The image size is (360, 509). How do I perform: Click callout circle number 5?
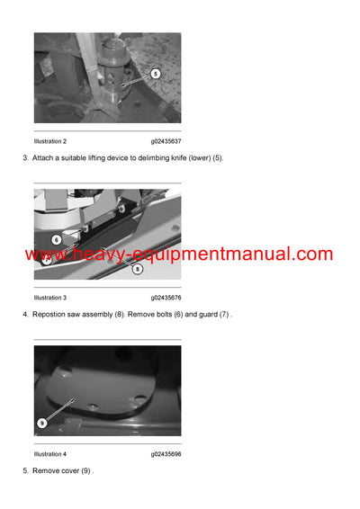coord(155,74)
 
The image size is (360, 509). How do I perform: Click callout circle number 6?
coord(56,239)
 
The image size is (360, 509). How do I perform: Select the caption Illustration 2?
coord(50,141)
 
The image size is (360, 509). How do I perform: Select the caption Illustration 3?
coord(50,298)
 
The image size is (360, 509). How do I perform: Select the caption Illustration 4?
coord(50,454)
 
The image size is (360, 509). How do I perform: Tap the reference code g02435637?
coord(166,141)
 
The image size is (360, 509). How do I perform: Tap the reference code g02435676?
coord(166,298)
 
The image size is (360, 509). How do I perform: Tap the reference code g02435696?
coord(166,454)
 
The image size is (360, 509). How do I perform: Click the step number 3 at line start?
coord(24,159)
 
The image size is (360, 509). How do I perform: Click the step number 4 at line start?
coord(24,315)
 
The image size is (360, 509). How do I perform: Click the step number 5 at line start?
coord(24,471)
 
